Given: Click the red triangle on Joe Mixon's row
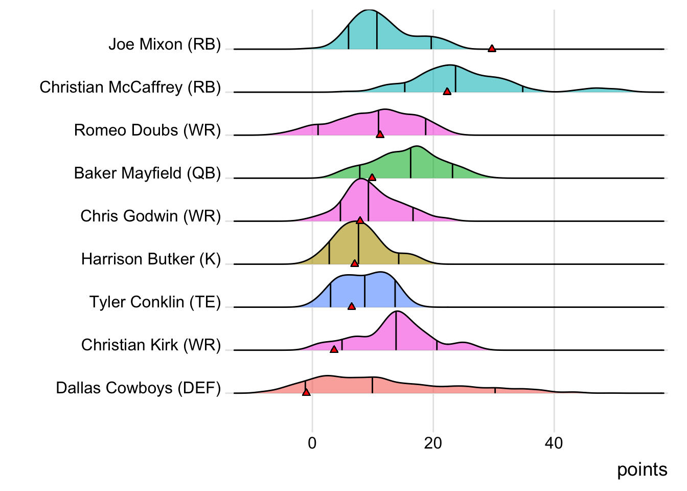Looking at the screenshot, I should tap(492, 49).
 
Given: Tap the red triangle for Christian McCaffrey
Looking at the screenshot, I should tap(447, 92).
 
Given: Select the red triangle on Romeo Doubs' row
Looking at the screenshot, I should tap(380, 135).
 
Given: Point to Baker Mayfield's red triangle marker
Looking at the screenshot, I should tap(372, 177).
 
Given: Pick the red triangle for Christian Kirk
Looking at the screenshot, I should tap(334, 349).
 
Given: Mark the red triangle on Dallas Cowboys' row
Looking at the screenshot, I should tap(306, 392).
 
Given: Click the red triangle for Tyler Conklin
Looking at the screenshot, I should tap(351, 306).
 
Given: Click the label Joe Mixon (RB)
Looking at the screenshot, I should tap(165, 44).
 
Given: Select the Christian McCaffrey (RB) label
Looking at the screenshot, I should tap(130, 87).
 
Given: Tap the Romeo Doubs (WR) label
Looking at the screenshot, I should tap(147, 130).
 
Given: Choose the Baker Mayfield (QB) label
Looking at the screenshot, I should tap(147, 173).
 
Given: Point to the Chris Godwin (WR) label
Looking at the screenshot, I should tap(150, 216).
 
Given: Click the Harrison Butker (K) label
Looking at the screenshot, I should tap(151, 259).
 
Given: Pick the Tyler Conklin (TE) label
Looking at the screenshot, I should tap(155, 302).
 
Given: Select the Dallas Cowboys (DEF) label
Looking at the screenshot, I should tap(139, 388).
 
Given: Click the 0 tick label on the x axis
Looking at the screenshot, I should tap(312, 443).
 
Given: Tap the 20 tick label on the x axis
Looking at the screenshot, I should tap(433, 443).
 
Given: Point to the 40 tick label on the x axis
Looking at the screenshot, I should tap(554, 443).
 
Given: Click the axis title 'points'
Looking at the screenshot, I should tap(642, 470).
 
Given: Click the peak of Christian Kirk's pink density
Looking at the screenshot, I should tap(396, 312).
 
